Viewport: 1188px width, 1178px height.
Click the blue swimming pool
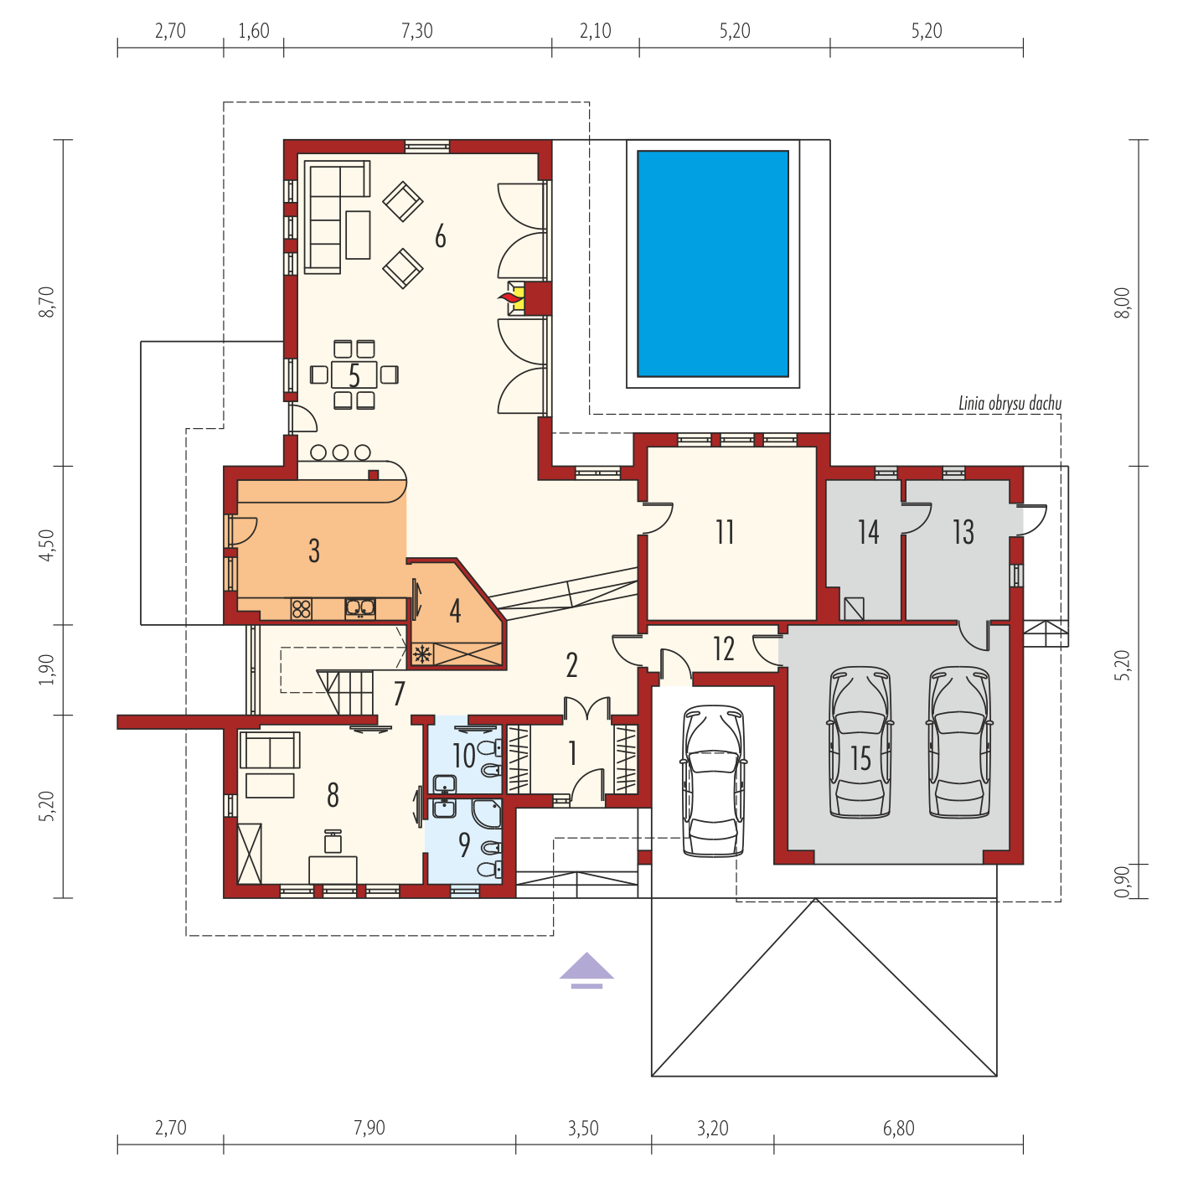[x=713, y=263]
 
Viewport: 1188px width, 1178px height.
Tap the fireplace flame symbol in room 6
[x=510, y=298]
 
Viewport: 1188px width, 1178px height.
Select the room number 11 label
[x=725, y=532]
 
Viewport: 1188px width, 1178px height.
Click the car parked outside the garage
[x=713, y=781]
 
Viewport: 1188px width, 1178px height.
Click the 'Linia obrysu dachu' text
[x=1010, y=404]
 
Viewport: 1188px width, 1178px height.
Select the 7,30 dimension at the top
[x=417, y=31]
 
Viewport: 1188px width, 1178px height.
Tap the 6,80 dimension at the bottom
[x=898, y=1128]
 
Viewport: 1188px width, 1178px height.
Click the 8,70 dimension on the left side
[x=47, y=302]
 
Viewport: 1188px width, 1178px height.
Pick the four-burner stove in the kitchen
[x=301, y=609]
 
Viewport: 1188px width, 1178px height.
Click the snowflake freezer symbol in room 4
[x=422, y=654]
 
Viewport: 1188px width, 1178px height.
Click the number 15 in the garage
[x=860, y=758]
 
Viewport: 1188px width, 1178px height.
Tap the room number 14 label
[x=869, y=532]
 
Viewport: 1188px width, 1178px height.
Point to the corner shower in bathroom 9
[x=487, y=814]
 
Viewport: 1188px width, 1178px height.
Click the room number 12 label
[x=724, y=648]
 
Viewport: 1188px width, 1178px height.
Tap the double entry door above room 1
[x=586, y=708]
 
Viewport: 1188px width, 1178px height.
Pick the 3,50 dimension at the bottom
[x=583, y=1128]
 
